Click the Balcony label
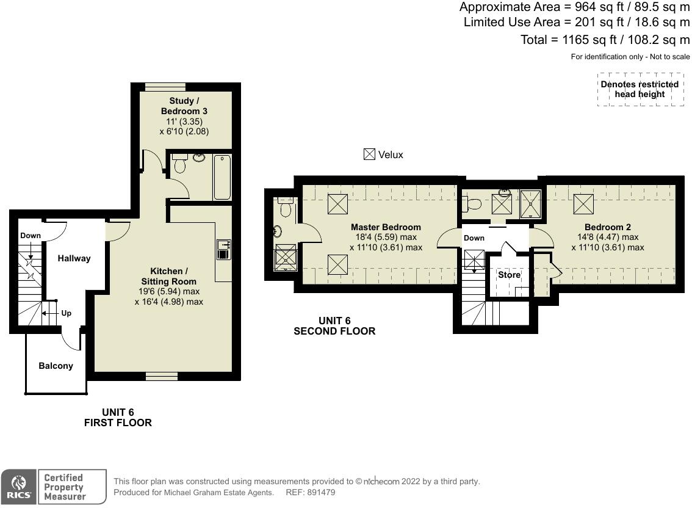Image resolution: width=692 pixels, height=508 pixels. click(56, 366)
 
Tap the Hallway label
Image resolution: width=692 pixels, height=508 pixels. click(74, 258)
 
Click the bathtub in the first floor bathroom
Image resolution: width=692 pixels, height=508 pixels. click(222, 177)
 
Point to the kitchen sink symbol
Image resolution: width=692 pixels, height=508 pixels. click(223, 249)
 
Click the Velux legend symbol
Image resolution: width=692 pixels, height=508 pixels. click(369, 154)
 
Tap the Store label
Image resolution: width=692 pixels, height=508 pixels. click(509, 275)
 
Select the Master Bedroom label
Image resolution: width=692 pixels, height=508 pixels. click(386, 227)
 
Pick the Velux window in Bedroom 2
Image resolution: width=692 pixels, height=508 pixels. click(583, 203)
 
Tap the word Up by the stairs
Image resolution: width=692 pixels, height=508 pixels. click(66, 313)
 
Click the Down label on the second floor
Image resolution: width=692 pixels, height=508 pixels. click(474, 238)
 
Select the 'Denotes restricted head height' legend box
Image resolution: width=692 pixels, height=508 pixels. click(639, 89)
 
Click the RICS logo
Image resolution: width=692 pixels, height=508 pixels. click(18, 487)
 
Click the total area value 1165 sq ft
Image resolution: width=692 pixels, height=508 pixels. click(584, 40)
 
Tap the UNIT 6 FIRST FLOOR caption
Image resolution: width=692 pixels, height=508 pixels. click(117, 418)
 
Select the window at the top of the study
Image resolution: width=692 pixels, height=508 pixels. click(165, 87)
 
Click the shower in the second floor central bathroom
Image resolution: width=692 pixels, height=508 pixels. click(530, 204)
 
